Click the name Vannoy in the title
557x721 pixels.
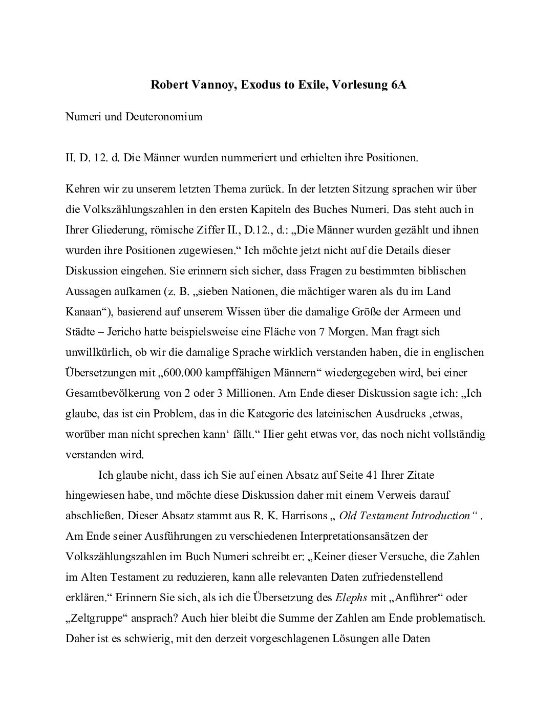(220, 85)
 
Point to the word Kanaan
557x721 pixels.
(83, 311)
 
